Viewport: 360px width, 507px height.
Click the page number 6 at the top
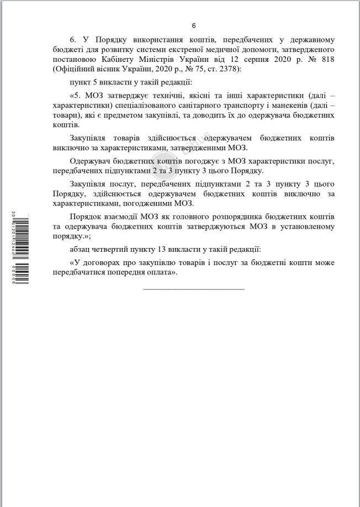click(x=194, y=25)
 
